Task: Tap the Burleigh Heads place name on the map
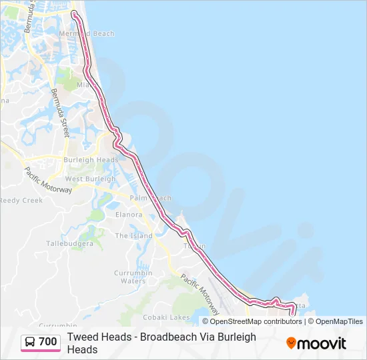tap(90, 160)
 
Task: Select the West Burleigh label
tap(90, 179)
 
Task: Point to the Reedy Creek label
tap(21, 200)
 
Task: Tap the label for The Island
tap(133, 235)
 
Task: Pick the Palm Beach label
tap(150, 198)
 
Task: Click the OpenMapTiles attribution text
tap(339, 321)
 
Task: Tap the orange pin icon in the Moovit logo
tap(291, 343)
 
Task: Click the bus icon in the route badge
tap(30, 343)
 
